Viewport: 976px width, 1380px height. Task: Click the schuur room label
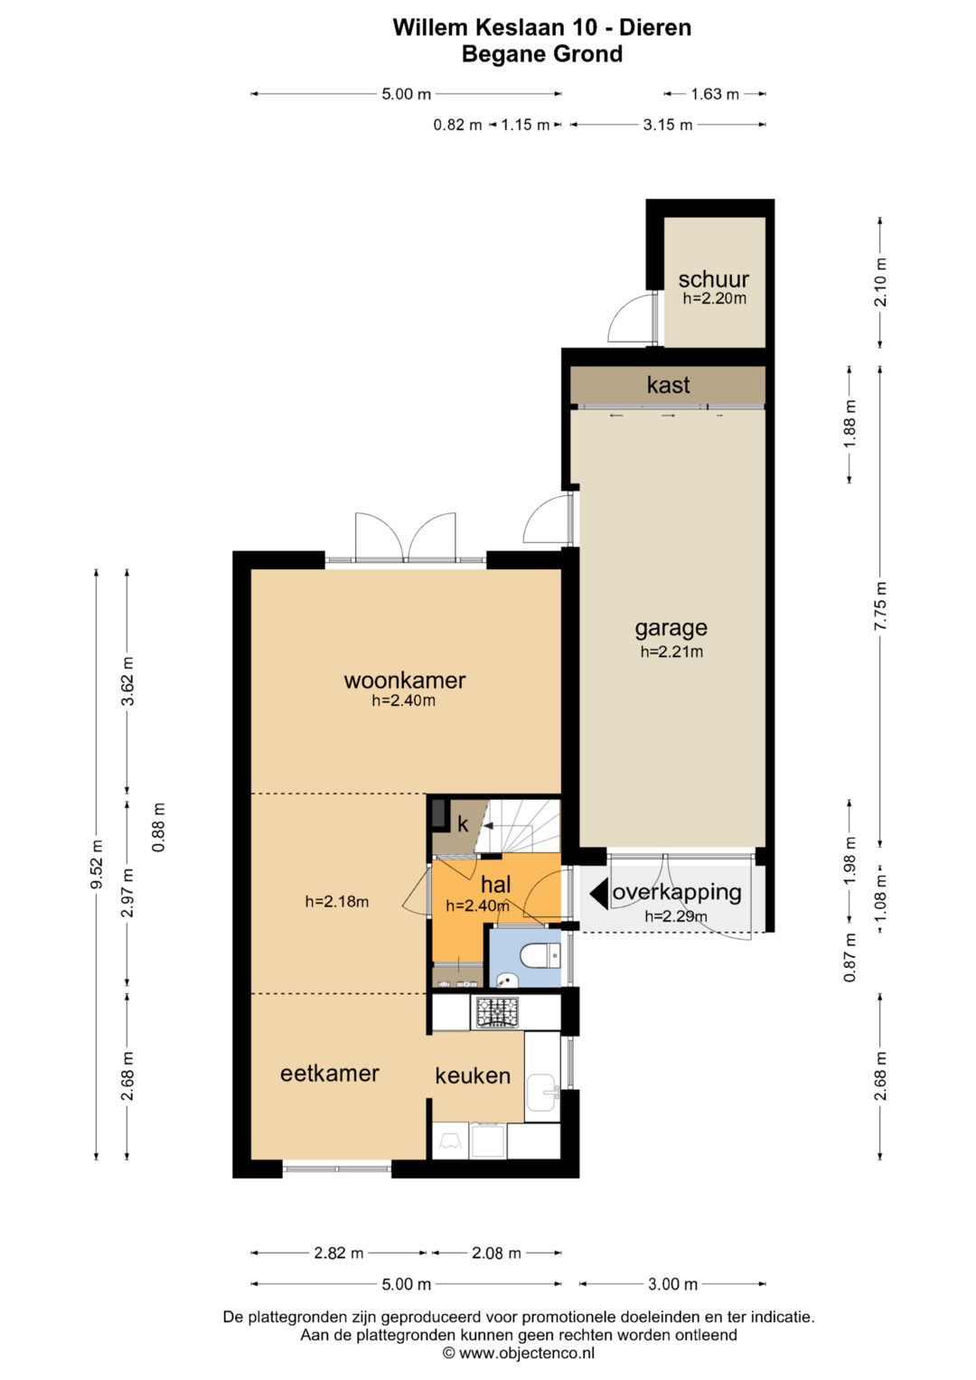coord(714,279)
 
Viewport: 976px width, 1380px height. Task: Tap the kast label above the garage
coord(668,385)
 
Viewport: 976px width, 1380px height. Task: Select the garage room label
coord(671,629)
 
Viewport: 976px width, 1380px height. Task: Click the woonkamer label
coord(404,681)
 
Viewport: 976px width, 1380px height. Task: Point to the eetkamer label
coord(329,1074)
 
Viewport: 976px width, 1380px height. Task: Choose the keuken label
coord(473,1075)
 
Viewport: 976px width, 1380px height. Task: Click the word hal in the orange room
coord(496,886)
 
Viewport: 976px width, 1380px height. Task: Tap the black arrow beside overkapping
coord(599,893)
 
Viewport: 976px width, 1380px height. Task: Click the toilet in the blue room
coord(540,957)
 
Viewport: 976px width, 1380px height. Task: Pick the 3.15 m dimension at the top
coord(668,125)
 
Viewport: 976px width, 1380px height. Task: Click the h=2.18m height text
coord(337,902)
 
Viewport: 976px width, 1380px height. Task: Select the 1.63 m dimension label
coord(715,94)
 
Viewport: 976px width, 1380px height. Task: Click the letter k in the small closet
coord(463,824)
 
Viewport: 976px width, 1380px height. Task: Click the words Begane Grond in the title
coord(542,54)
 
